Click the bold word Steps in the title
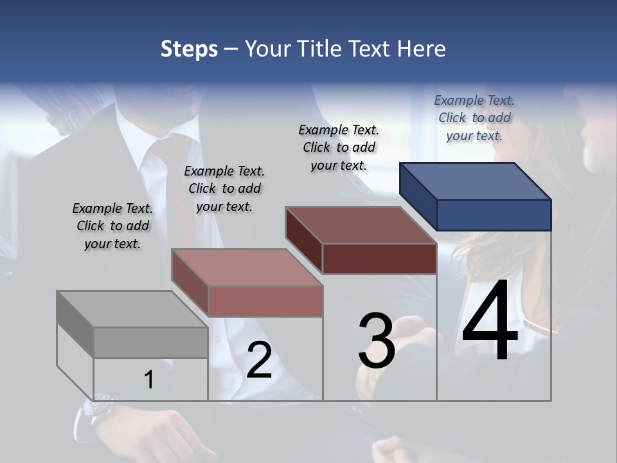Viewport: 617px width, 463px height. coord(189,49)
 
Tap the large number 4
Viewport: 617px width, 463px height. coord(490,321)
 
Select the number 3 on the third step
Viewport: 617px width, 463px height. coord(377,341)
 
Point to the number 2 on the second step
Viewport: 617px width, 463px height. coord(259,360)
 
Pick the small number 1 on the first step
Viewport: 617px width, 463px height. coord(149,380)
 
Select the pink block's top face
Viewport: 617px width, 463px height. coord(247,268)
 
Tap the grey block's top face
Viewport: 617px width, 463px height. coord(132,309)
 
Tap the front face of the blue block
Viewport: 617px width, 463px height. coord(494,215)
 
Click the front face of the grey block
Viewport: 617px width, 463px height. coord(150,342)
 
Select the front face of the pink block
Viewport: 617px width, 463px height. coord(265,301)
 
